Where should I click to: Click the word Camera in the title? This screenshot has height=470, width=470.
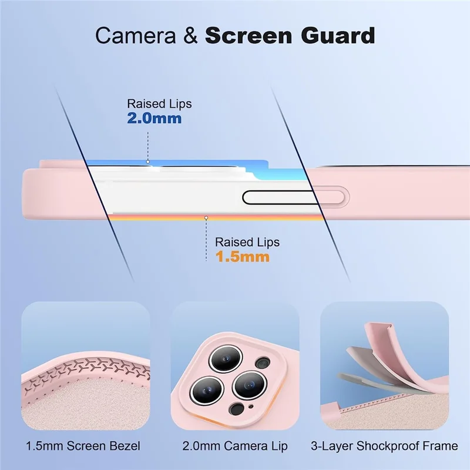pyautogui.click(x=135, y=35)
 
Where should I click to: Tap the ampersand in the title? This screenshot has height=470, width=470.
pyautogui.click(x=190, y=35)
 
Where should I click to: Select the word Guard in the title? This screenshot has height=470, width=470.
pyautogui.click(x=338, y=35)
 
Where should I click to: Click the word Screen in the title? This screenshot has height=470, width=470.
pyautogui.click(x=249, y=35)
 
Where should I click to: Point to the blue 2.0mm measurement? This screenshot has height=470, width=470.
pyautogui.click(x=155, y=118)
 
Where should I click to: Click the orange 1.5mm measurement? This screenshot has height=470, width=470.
pyautogui.click(x=243, y=257)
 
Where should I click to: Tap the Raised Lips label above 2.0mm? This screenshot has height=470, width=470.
pyautogui.click(x=159, y=104)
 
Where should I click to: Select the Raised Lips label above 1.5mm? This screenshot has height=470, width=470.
pyautogui.click(x=247, y=242)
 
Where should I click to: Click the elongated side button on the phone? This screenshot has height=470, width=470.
pyautogui.click(x=296, y=198)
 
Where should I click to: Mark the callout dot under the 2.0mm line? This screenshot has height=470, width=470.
pyautogui.click(x=148, y=162)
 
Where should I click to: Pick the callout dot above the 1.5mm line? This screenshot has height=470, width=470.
pyautogui.click(x=206, y=217)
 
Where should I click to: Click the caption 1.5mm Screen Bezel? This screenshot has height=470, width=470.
pyautogui.click(x=83, y=446)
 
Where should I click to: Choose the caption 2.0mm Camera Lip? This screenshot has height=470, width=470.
pyautogui.click(x=235, y=446)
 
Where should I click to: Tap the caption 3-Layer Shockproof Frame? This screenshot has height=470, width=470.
pyautogui.click(x=384, y=446)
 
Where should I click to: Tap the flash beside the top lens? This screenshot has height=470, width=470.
pyautogui.click(x=263, y=362)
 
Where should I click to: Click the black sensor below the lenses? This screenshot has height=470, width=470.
pyautogui.click(x=237, y=409)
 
